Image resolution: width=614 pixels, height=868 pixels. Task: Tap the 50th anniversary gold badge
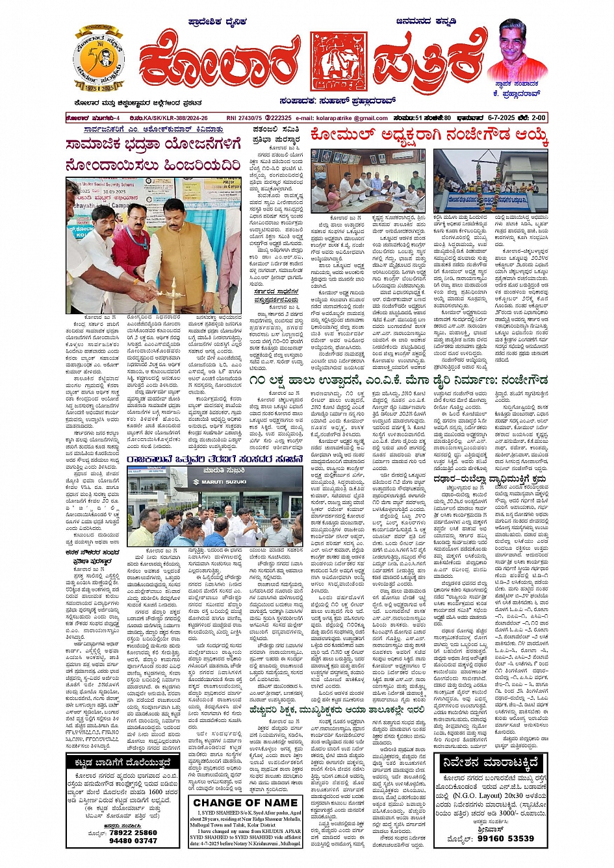(x=99, y=60)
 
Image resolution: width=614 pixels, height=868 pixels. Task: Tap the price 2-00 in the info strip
(x=538, y=118)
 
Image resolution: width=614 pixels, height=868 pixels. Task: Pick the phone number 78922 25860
(x=133, y=832)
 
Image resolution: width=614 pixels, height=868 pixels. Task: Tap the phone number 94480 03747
(x=133, y=841)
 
